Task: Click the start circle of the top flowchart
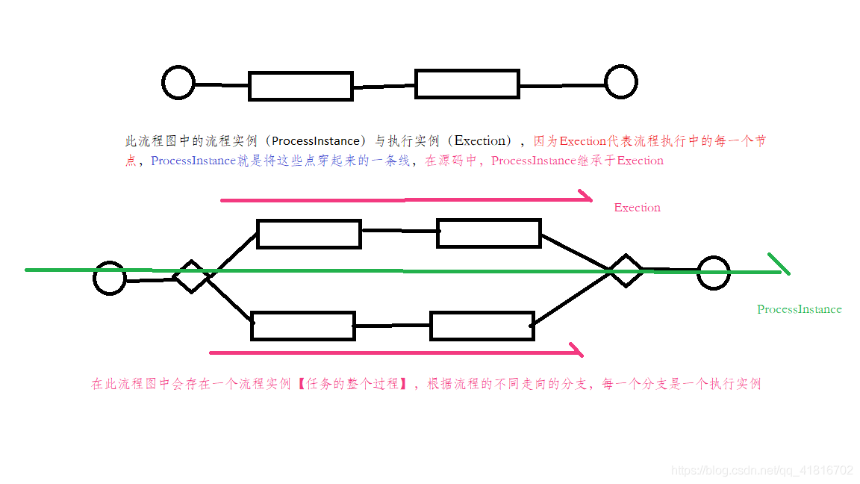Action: (178, 82)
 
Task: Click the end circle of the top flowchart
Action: (620, 81)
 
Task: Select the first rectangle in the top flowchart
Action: (300, 86)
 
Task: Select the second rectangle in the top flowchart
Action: (467, 84)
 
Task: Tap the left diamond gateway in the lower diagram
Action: (192, 276)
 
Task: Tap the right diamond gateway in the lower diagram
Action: (625, 270)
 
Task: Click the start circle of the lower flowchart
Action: (110, 279)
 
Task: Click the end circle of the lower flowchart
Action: (713, 273)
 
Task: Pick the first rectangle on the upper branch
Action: (309, 234)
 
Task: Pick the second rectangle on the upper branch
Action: (488, 233)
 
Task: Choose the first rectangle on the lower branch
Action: (302, 326)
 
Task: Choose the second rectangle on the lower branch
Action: (482, 326)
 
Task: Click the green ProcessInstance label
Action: (799, 309)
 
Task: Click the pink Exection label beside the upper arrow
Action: (637, 208)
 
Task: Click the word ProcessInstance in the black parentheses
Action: (315, 140)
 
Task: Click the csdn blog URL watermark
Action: (761, 471)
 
